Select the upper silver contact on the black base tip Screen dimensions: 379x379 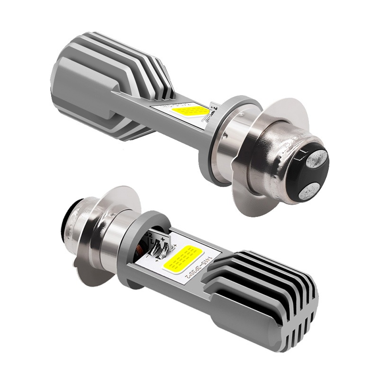(316, 159)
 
